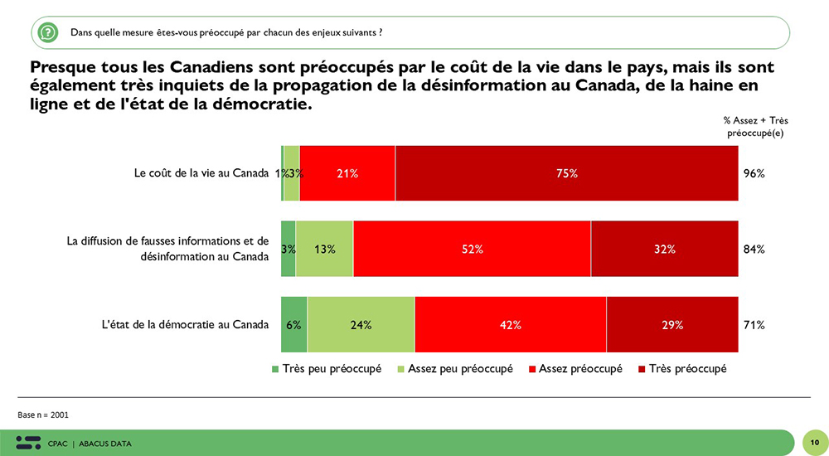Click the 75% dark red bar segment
(566, 173)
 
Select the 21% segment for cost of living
(347, 173)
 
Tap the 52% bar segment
(472, 249)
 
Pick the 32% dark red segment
(664, 249)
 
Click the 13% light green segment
(324, 249)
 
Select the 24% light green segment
(361, 325)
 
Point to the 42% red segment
(510, 325)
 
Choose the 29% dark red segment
(671, 325)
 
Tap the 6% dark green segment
(293, 325)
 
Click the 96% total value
(754, 174)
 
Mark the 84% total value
(754, 250)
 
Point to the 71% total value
(754, 325)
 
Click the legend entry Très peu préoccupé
(326, 369)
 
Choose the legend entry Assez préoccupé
(574, 369)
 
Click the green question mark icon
(48, 32)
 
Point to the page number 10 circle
(815, 443)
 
